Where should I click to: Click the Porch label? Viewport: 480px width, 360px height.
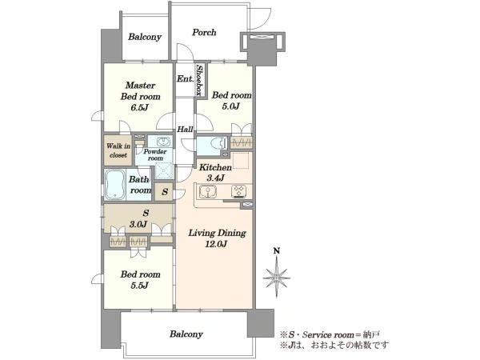pos(204,33)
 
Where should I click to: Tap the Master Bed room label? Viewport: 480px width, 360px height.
pos(141,91)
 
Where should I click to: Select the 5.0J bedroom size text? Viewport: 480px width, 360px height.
pos(231,106)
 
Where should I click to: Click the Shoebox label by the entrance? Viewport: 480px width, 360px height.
pos(200,80)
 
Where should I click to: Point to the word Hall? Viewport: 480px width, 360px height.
pos(185,129)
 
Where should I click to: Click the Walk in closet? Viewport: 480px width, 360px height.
pos(118,150)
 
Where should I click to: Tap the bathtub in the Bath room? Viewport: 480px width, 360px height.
pos(114,185)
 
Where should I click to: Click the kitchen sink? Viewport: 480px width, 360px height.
pos(207,191)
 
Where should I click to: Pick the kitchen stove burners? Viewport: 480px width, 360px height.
pos(238,191)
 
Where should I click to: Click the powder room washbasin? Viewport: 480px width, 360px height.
pos(163,142)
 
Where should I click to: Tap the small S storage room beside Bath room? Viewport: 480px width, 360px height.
pos(164,192)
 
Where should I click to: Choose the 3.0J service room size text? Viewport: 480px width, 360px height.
pos(138,224)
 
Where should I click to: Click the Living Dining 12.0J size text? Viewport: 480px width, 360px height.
pos(216,244)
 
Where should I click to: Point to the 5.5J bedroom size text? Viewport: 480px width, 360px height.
pos(139,286)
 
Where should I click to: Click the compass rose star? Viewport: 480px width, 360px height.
pos(277,278)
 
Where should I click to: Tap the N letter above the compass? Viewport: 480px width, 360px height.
pos(277,251)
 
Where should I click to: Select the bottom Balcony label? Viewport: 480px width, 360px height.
pos(186,334)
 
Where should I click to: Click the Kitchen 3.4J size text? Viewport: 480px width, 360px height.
pos(216,178)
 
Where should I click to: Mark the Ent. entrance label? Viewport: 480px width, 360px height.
pos(186,79)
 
